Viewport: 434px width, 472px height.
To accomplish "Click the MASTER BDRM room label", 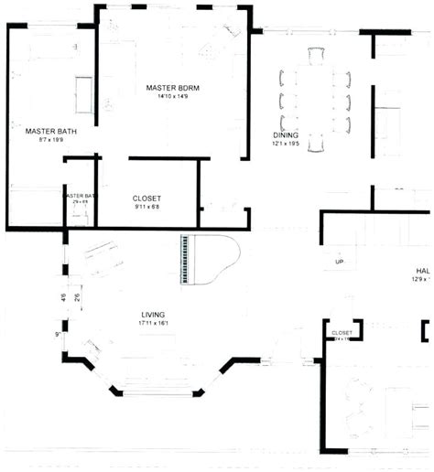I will coord(172,88).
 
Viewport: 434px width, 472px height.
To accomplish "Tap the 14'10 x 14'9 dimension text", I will coord(172,96).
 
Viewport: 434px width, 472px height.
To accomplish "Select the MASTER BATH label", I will coord(50,132).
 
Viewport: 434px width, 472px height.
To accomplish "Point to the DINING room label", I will coord(285,135).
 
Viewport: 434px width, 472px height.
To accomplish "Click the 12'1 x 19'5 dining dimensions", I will coord(286,144).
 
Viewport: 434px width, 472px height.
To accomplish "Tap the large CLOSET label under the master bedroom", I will coord(146,198).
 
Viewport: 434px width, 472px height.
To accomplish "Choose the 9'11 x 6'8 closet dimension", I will coord(146,206).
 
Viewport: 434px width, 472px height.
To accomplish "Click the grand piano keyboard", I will coord(189,260).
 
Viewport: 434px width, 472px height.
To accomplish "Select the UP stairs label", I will coord(339,262).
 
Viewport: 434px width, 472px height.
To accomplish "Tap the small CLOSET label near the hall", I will coord(342,333).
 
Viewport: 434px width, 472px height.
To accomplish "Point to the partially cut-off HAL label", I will coord(422,272).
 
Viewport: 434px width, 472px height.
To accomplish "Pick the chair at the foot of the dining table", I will coord(315,144).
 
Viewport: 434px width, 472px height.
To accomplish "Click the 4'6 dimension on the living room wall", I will coord(63,297).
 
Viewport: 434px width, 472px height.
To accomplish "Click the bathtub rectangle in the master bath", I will coord(83,92).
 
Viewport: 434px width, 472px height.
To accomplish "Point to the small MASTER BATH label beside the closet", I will coord(80,196).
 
